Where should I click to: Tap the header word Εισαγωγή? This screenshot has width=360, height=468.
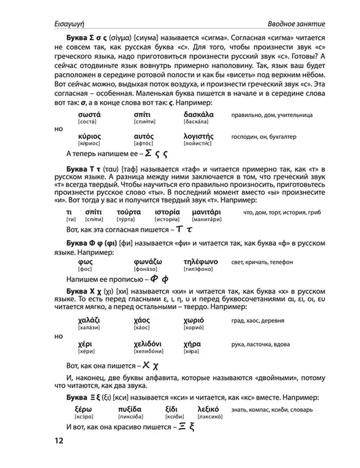(x=69, y=24)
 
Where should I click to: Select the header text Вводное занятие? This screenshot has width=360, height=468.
(x=296, y=24)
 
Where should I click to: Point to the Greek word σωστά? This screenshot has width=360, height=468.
(x=89, y=115)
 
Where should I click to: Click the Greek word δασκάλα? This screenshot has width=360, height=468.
(x=198, y=115)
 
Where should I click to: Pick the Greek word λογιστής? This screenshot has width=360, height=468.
(x=198, y=136)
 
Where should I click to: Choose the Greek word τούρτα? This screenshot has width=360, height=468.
(x=129, y=212)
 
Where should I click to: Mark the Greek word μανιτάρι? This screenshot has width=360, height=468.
(x=206, y=212)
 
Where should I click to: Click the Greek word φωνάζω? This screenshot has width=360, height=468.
(x=148, y=262)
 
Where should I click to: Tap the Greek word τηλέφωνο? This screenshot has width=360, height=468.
(x=201, y=262)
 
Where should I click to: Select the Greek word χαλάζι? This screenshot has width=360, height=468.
(x=89, y=320)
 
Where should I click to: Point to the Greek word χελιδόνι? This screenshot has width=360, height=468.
(x=148, y=344)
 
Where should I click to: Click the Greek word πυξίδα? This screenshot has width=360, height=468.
(x=130, y=409)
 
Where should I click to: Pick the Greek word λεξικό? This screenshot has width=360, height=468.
(x=208, y=409)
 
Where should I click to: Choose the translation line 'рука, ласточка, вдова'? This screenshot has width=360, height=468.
(x=260, y=345)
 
